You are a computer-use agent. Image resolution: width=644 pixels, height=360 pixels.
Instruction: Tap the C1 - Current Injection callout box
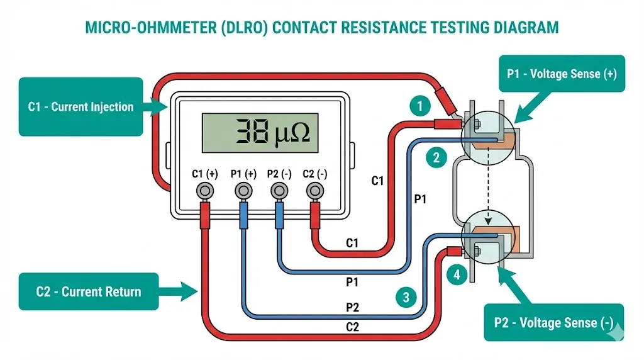coord(80,106)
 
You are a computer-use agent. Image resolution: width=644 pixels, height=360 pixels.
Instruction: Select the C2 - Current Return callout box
coord(88,291)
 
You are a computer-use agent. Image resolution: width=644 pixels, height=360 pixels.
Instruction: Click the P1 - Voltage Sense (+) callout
coord(561,74)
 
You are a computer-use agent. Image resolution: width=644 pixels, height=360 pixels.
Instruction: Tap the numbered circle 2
coord(436,157)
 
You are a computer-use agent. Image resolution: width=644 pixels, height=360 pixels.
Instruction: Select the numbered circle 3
coord(406,296)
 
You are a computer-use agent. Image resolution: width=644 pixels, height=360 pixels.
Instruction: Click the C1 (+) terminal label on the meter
coord(204,174)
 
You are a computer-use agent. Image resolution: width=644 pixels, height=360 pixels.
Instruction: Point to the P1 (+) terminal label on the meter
coord(243,174)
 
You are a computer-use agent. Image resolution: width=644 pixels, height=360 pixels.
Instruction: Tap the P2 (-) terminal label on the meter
coord(279,174)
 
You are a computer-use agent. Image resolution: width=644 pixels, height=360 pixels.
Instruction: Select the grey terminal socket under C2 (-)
coord(314,190)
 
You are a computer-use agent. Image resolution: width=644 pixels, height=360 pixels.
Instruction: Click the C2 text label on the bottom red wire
coord(353,327)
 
